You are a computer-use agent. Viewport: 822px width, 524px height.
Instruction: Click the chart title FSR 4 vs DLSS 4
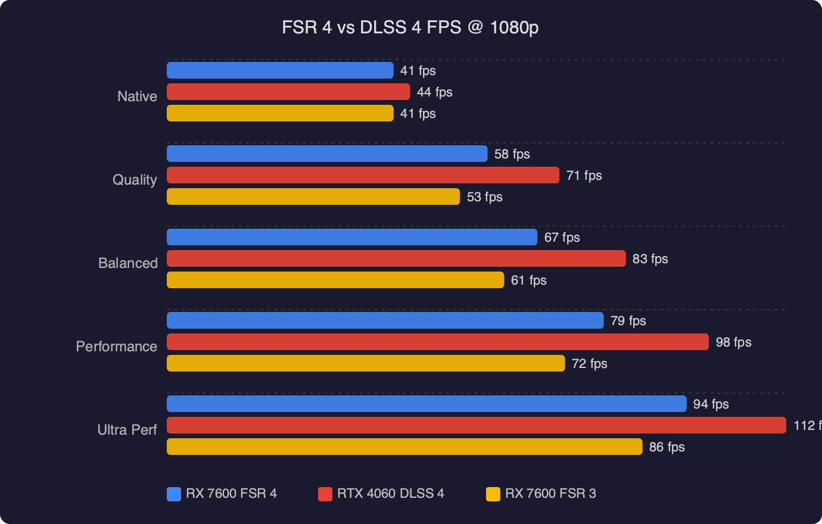[410, 27]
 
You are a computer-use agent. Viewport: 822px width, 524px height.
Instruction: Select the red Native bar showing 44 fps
[288, 92]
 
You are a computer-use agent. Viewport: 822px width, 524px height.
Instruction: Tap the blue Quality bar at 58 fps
[327, 154]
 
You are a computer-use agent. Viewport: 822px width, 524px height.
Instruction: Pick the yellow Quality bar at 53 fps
[313, 196]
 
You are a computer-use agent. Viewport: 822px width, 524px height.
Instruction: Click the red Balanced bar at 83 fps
[396, 258]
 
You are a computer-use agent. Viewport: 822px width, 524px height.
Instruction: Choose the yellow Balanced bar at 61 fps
[335, 280]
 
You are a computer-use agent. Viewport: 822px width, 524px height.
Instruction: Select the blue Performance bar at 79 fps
[385, 320]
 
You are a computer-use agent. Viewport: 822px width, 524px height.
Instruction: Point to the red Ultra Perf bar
[477, 425]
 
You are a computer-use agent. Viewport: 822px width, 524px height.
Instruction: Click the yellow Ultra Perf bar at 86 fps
[404, 447]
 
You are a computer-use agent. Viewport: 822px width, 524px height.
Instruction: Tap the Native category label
[137, 96]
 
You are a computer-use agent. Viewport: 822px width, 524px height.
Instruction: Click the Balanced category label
[127, 263]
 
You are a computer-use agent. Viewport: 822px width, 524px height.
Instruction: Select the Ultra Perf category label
[127, 430]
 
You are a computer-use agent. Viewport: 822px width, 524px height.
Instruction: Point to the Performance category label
[116, 347]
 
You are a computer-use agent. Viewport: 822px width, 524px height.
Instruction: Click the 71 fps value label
[584, 176]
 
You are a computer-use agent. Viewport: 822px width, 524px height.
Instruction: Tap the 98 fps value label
[733, 342]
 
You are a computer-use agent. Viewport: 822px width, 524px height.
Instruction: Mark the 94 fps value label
[711, 404]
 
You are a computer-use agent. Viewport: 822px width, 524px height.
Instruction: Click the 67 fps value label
[562, 238]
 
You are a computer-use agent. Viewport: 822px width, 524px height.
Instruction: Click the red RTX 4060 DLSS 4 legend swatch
[325, 494]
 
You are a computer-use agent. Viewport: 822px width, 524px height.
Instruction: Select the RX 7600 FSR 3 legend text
[550, 494]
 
